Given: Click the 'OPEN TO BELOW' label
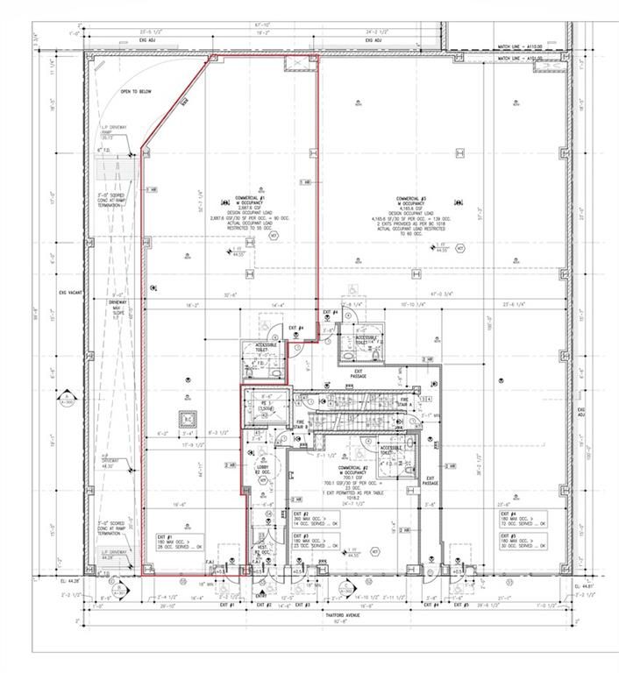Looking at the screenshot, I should (138, 90).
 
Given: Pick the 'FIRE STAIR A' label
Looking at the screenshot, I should (405, 400).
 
